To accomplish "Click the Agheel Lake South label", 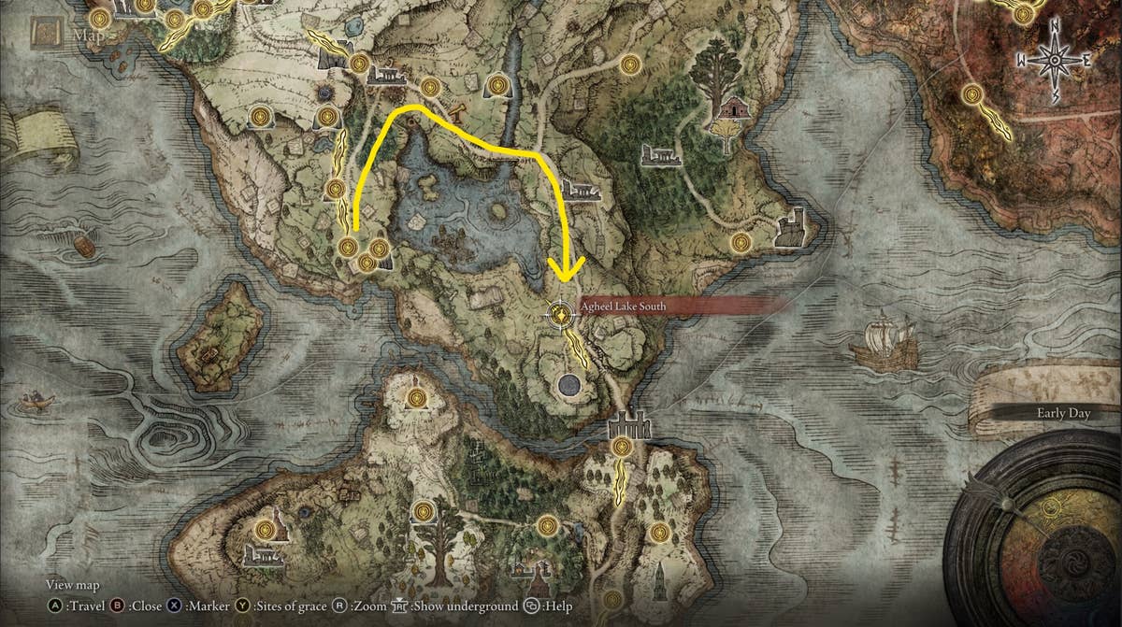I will pos(626,305).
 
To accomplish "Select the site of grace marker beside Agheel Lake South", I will pos(560,315).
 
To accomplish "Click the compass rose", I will pos(1056,60).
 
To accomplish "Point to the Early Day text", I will pos(1063,412).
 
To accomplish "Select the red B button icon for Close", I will pos(119,606).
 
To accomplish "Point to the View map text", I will pos(72,585).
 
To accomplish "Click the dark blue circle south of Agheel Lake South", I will pos(568,384).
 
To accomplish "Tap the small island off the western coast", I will pos(220,336).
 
